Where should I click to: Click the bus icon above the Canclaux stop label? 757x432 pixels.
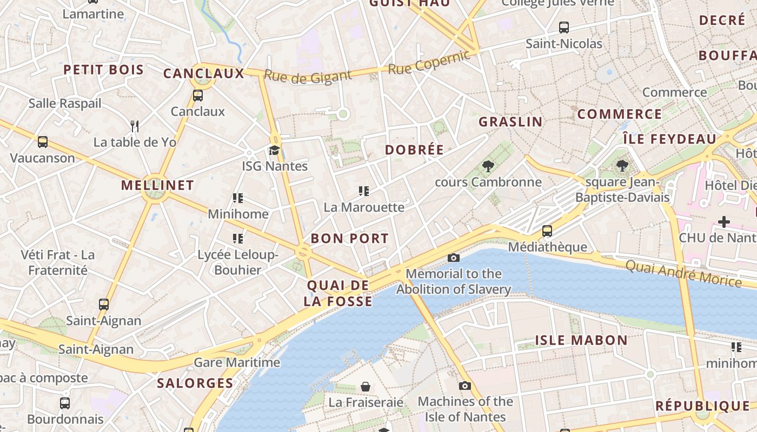click(x=198, y=96)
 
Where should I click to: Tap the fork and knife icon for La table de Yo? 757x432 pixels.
click(x=135, y=126)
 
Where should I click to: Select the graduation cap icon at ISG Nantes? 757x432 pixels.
click(x=275, y=150)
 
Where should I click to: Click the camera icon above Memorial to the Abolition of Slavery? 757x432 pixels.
click(x=454, y=258)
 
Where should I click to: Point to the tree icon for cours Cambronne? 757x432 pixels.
click(x=488, y=166)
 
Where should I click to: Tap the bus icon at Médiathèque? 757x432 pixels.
click(x=547, y=231)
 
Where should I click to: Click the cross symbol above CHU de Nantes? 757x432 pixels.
click(x=723, y=221)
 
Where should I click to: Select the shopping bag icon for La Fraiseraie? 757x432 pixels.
click(x=366, y=387)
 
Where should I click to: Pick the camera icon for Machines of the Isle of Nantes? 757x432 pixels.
click(x=465, y=386)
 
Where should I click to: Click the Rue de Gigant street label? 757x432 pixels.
click(x=308, y=77)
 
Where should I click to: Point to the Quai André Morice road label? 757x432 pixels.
click(x=683, y=273)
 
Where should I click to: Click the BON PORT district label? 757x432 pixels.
click(x=349, y=238)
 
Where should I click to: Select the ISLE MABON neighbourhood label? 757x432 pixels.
click(x=581, y=340)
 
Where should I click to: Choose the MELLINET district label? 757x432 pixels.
click(x=157, y=185)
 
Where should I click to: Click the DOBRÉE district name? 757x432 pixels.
click(x=414, y=150)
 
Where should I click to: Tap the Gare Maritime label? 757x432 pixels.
click(x=237, y=362)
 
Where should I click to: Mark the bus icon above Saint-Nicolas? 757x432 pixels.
click(x=564, y=28)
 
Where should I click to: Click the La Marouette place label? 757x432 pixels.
click(x=364, y=207)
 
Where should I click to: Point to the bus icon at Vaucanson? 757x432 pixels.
click(x=43, y=142)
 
